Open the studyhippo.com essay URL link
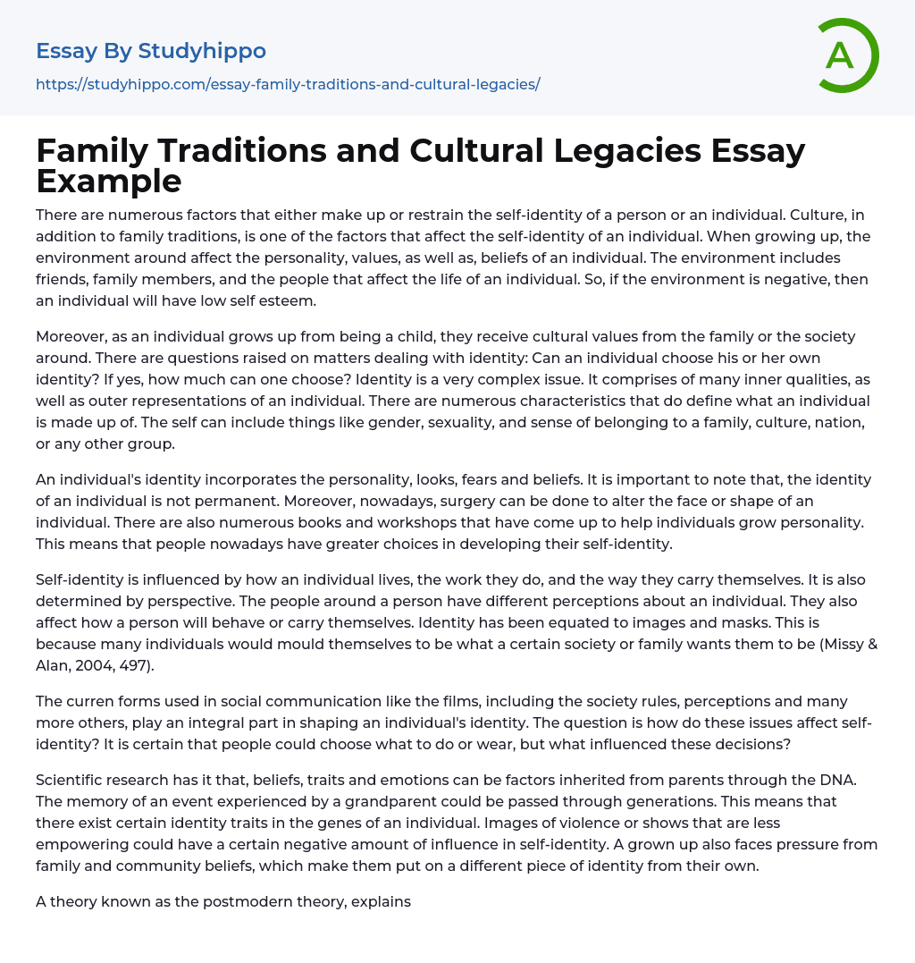(288, 85)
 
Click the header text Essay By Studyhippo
(151, 51)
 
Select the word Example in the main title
(109, 182)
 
